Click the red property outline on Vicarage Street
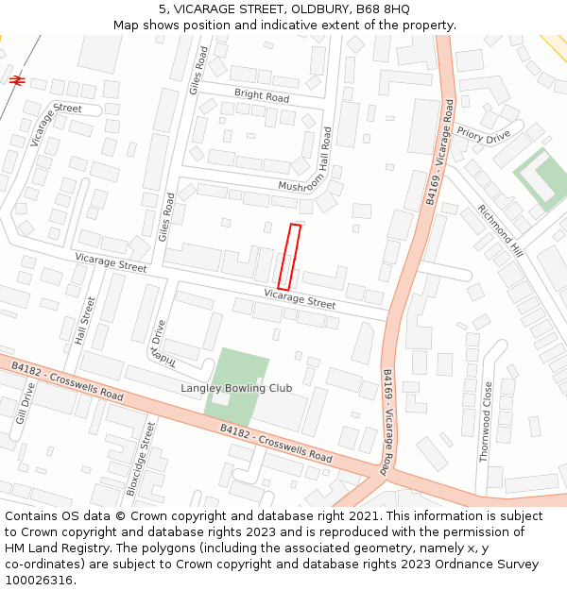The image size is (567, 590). (289, 257)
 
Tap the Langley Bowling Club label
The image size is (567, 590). (236, 388)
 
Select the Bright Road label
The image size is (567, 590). (262, 96)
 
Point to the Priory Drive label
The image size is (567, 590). (483, 135)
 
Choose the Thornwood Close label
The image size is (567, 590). (486, 421)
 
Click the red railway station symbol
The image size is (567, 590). (16, 80)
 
